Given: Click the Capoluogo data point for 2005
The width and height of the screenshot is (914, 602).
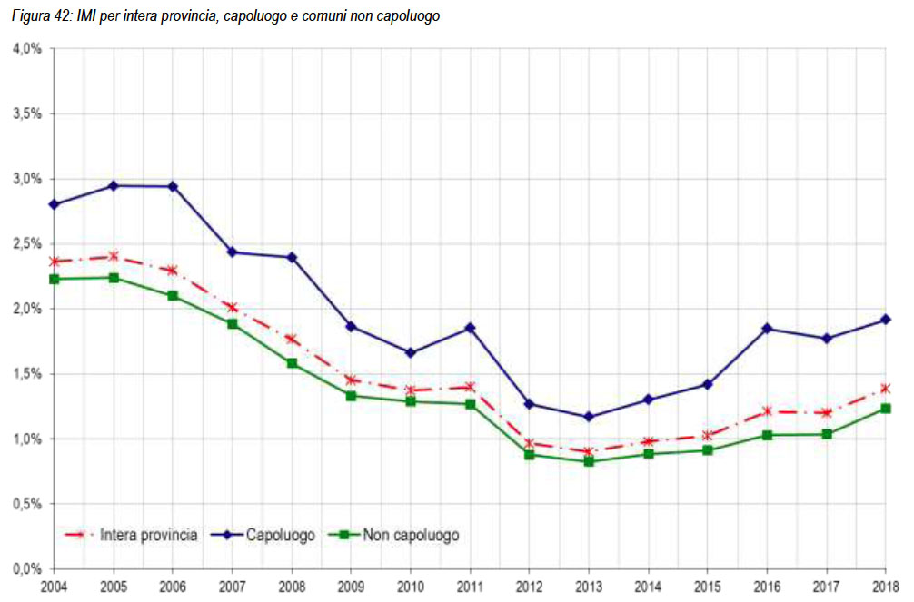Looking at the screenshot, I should tap(114, 185).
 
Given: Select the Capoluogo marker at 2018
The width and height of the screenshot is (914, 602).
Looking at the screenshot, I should tap(886, 320).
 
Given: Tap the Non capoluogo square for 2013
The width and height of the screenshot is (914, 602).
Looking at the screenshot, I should tap(589, 461).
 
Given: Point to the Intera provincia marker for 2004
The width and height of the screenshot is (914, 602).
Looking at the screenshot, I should tap(54, 262).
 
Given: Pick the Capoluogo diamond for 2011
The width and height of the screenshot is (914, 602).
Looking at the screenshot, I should tap(470, 328).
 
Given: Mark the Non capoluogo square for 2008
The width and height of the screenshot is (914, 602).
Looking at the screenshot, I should tap(292, 363).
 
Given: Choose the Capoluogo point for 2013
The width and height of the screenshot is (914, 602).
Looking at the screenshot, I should tap(589, 417).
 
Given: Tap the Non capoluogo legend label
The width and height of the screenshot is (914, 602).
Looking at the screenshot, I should tap(411, 535).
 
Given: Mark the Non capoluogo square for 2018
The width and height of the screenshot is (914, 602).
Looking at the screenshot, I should tap(886, 409).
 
